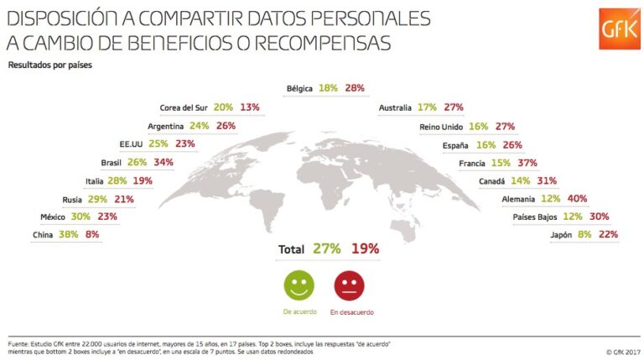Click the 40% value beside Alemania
[600, 199]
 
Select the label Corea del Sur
[184, 108]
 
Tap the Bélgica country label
[299, 88]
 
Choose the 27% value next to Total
[326, 249]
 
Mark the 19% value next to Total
[365, 249]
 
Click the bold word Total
[292, 249]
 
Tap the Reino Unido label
[441, 127]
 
